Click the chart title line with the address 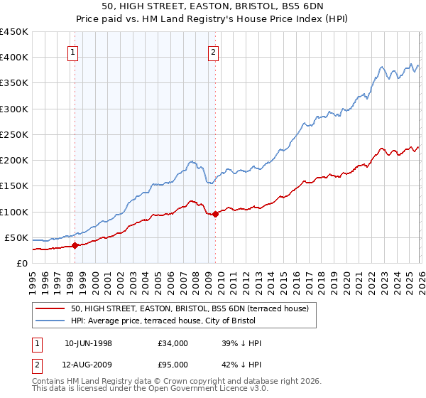point(212,7)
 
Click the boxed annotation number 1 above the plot point(74,50)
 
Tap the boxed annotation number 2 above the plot point(214,50)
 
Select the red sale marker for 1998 point(75,246)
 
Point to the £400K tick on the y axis point(14,58)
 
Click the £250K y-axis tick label point(14,134)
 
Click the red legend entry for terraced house point(190,309)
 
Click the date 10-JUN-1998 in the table point(88,343)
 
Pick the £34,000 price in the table point(173,343)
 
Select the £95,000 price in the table point(173,365)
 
